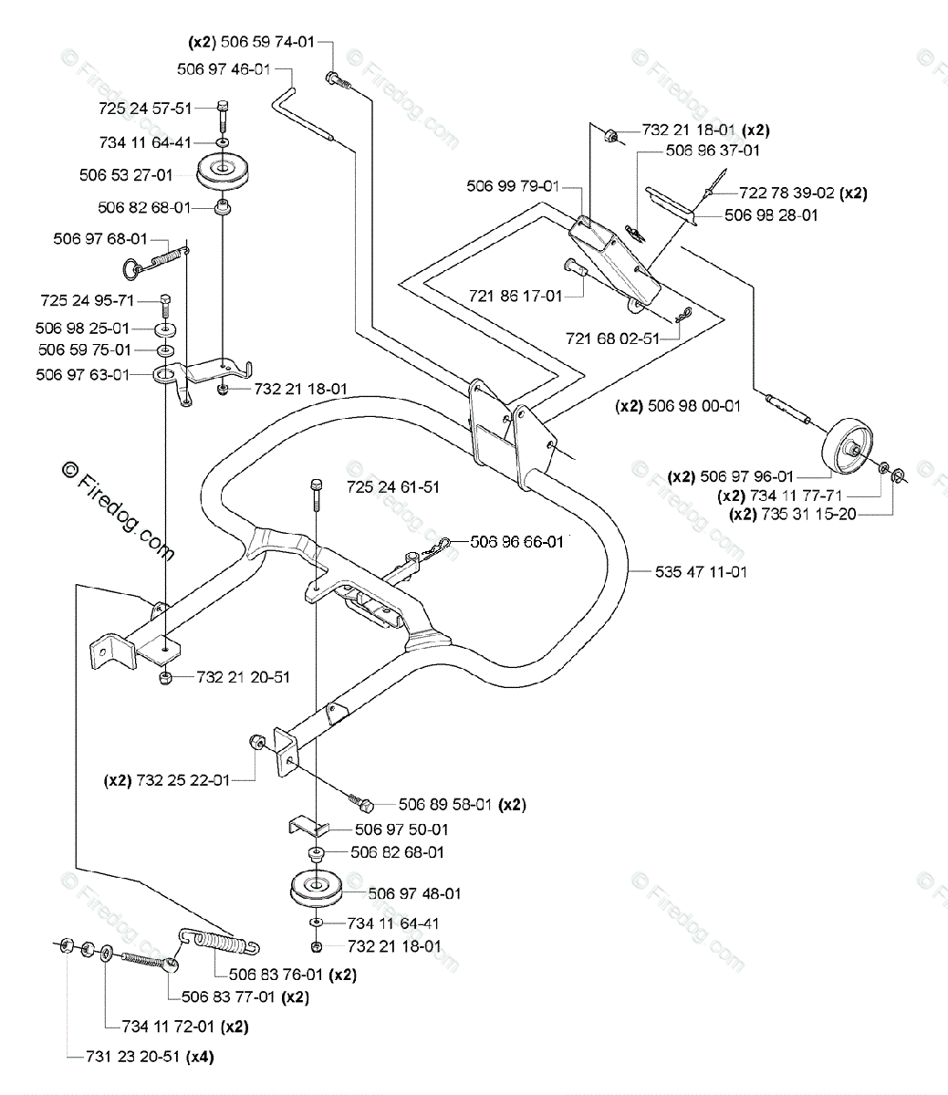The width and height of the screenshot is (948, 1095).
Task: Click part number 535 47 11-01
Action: [701, 571]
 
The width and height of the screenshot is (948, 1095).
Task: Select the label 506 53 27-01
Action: [126, 175]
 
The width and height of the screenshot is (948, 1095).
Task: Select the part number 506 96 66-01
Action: [517, 541]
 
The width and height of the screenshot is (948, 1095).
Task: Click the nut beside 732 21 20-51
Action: [165, 678]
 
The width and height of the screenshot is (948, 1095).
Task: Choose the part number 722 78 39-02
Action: [787, 193]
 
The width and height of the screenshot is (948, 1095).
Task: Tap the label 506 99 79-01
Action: [513, 186]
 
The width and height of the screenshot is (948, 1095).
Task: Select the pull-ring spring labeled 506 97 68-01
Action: [156, 260]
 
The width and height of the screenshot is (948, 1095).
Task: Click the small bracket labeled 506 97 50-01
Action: [308, 826]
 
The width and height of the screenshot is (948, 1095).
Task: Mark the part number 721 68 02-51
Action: [613, 339]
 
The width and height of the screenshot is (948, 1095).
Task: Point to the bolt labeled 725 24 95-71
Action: [165, 306]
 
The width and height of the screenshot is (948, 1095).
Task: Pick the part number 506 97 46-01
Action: [224, 69]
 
